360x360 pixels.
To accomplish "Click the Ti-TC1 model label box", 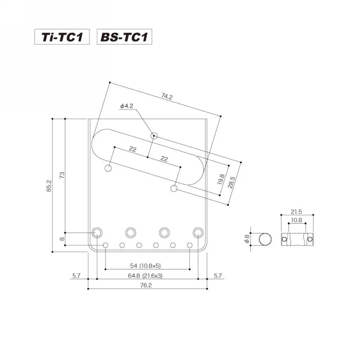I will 62,37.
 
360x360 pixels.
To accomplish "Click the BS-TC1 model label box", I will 124,37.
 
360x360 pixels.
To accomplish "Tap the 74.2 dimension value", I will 167,96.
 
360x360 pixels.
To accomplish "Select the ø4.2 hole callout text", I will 127,106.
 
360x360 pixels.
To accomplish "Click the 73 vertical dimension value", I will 62,175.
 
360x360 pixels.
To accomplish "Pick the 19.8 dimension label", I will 221,179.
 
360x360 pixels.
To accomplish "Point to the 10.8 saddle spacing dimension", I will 297,220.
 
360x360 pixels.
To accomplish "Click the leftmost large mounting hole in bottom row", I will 97,233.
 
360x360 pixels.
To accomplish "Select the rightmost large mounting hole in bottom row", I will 198,233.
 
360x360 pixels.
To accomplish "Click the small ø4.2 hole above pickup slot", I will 154,136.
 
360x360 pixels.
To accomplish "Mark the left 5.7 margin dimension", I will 76,276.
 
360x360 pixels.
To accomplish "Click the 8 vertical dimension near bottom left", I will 62,239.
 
